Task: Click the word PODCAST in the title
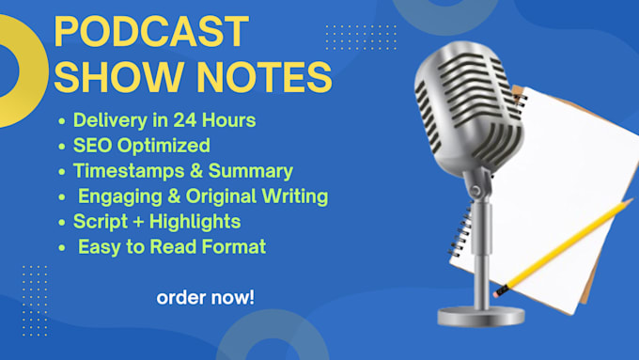tap(151, 31)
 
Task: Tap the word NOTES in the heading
tap(265, 77)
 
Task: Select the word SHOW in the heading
tap(118, 77)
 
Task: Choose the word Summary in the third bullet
tap(251, 171)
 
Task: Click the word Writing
tap(295, 196)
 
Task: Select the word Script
tap(101, 222)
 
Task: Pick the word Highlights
tap(195, 222)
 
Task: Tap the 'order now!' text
tap(206, 298)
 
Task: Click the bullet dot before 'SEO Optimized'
tap(61, 147)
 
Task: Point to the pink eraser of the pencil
tap(496, 293)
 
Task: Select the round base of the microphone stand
tap(481, 316)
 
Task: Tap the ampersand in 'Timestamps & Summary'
tap(196, 171)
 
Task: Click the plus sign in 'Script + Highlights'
tap(138, 223)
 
